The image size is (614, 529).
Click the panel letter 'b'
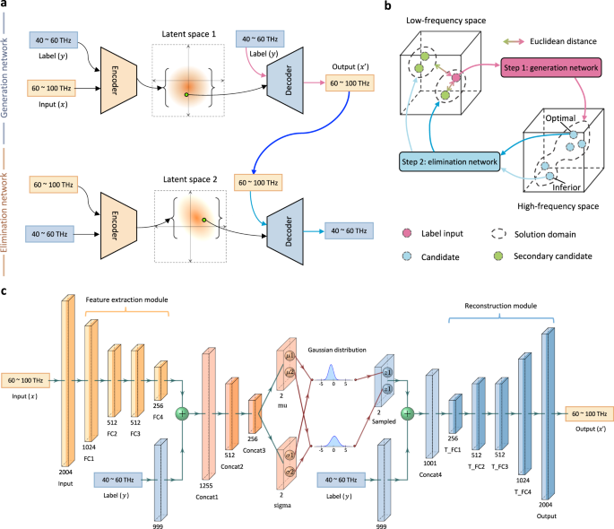(386, 5)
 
